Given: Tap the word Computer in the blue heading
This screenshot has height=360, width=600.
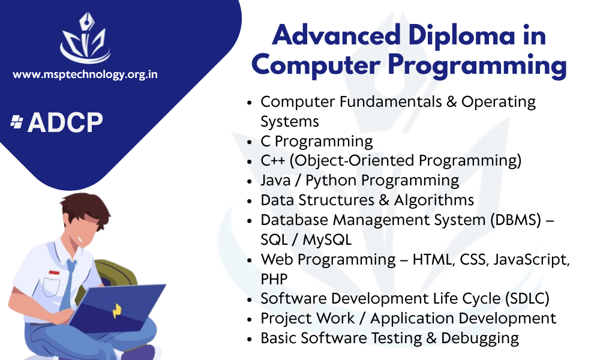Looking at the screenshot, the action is click(316, 65).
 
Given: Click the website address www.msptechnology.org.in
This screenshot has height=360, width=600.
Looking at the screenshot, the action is click(85, 74).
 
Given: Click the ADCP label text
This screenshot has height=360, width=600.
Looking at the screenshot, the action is click(65, 122).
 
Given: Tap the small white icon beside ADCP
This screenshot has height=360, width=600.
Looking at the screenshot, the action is click(16, 122).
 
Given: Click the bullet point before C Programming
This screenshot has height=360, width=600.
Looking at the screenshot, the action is click(250, 142).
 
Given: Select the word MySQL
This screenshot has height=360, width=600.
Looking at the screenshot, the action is click(327, 240).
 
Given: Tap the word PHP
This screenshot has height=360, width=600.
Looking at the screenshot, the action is click(274, 279).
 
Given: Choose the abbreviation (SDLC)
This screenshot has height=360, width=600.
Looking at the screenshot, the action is click(527, 299).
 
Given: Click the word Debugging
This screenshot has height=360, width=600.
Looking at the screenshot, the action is click(480, 338).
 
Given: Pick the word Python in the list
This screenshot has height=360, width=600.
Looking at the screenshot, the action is click(331, 181).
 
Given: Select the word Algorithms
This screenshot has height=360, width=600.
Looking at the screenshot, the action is click(434, 200).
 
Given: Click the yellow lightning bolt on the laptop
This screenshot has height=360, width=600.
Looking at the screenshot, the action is click(117, 311).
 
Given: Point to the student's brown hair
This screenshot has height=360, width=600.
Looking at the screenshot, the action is click(86, 209).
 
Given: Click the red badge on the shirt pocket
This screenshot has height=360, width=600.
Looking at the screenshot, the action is click(55, 273).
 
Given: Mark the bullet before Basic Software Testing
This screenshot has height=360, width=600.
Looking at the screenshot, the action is click(250, 340).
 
